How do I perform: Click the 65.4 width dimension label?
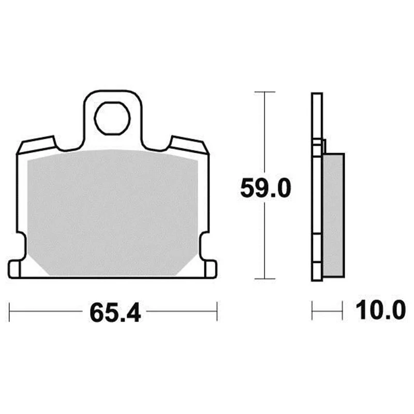[115, 313]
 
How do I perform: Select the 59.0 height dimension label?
[265, 188]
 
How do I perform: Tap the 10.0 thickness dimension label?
[380, 310]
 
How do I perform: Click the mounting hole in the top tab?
[112, 119]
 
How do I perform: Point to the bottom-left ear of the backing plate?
[14, 269]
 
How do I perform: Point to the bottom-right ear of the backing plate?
[211, 269]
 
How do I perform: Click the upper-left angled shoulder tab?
[37, 145]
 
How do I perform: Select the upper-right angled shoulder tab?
[189, 145]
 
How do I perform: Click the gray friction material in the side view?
[333, 215]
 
